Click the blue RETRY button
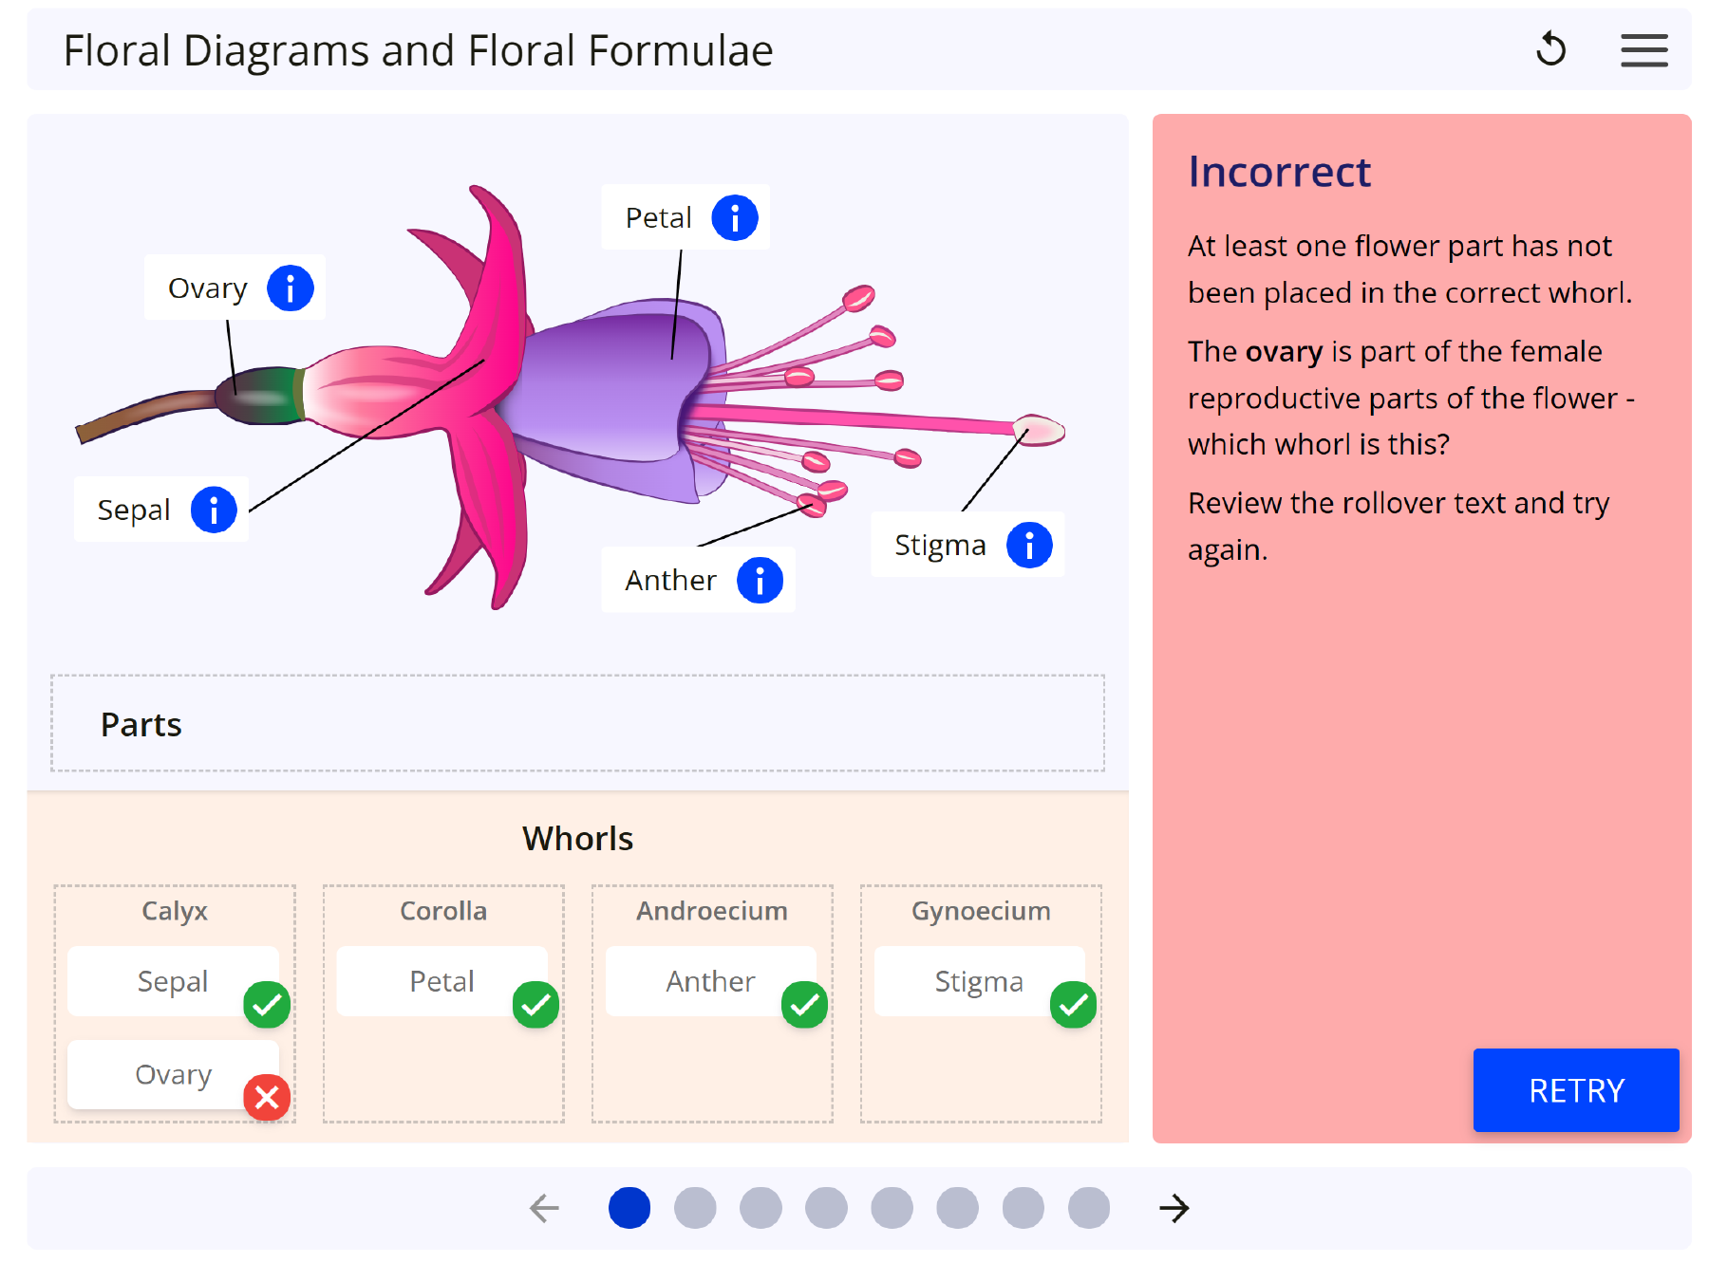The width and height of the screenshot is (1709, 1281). (1575, 1090)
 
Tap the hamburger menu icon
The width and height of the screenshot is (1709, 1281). (1643, 50)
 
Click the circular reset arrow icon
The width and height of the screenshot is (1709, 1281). (1550, 49)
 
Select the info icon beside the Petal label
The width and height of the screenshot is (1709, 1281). (735, 218)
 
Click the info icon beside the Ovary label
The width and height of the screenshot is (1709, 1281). (290, 288)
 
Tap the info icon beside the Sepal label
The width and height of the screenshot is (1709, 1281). (214, 511)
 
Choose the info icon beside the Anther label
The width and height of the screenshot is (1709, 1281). (760, 581)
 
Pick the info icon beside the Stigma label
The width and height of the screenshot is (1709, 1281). (1029, 546)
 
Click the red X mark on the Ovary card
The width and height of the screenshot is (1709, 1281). (267, 1098)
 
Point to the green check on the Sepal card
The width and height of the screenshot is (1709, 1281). (267, 1005)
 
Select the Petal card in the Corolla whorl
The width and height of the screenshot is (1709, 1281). (441, 981)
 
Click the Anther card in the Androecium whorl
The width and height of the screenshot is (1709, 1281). (710, 981)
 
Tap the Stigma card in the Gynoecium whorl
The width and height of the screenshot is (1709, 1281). (979, 981)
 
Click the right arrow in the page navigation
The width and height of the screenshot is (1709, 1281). (1174, 1208)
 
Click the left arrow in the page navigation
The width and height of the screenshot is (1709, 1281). (544, 1208)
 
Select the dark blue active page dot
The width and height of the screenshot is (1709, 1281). (629, 1208)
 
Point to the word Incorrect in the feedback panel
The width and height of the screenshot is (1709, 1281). (1279, 173)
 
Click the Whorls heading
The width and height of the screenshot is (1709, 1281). (577, 839)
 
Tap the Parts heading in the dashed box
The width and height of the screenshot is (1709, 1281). (141, 725)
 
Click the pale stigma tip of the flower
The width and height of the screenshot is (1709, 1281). (1040, 430)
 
